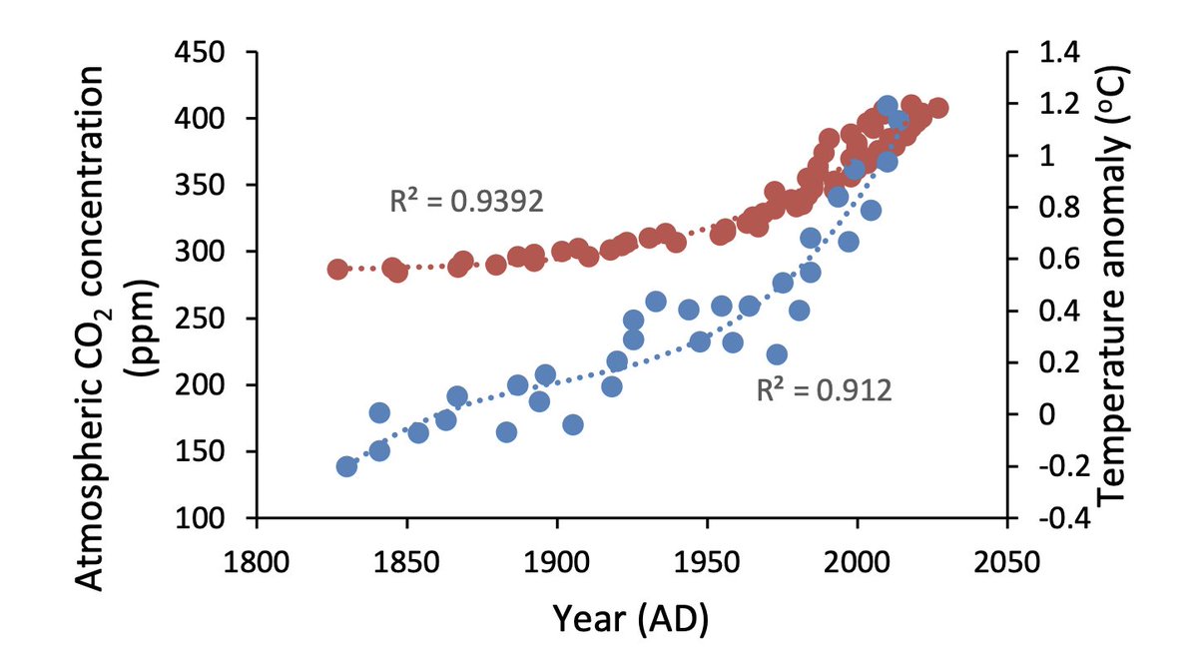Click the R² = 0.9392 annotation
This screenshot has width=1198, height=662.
[x=466, y=202]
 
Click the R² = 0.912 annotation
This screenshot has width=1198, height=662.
[x=824, y=390]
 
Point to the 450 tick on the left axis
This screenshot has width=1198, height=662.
[x=218, y=51]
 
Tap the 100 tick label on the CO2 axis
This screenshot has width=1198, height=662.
[x=218, y=518]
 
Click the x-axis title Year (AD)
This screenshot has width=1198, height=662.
[x=631, y=619]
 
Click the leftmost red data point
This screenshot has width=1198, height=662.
[x=337, y=270]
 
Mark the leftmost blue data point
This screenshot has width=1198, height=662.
[x=346, y=466]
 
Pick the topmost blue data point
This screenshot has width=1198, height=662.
[x=887, y=107]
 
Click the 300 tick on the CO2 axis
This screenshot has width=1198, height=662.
[x=218, y=252]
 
